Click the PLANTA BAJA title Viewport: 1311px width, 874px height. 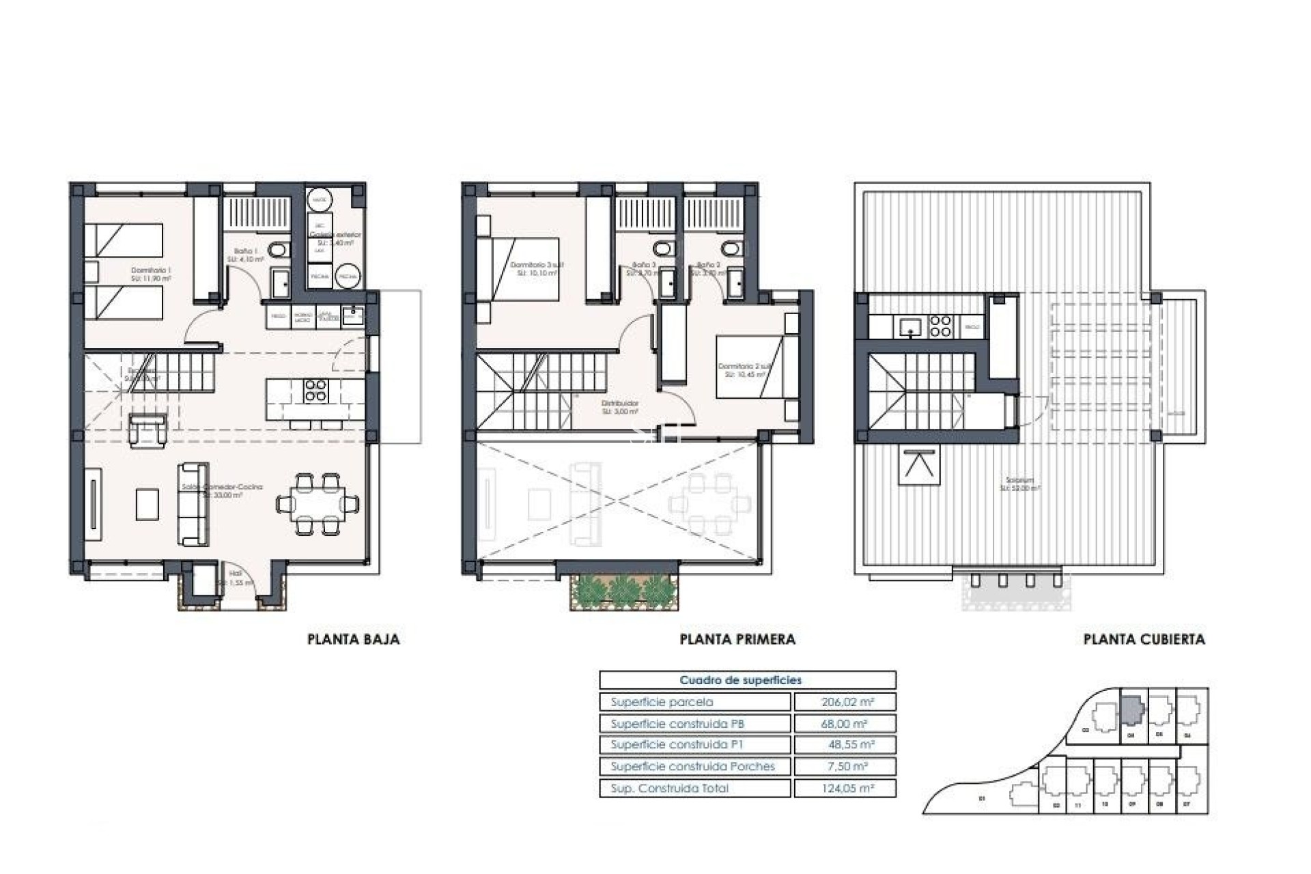pos(353,640)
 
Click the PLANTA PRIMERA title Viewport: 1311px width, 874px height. pos(737,640)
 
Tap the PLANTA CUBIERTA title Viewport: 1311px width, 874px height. pos(1144,640)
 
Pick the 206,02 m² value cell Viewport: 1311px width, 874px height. pos(844,702)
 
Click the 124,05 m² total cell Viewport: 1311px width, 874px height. pos(844,789)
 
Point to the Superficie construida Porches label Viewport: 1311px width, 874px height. pos(692,767)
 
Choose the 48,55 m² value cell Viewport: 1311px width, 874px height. pos(844,745)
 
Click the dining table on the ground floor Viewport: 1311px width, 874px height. pos(318,505)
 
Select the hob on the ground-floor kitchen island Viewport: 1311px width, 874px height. pos(315,390)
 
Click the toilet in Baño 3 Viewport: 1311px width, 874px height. pos(662,248)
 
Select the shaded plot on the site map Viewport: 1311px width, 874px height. pos(1131,710)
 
